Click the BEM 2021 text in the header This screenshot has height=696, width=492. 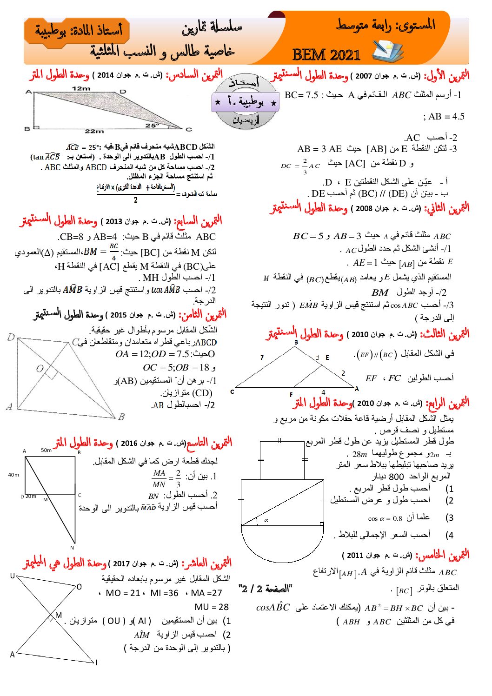point(326,55)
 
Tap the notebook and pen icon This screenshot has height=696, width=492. point(387,51)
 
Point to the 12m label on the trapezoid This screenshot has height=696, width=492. point(81,88)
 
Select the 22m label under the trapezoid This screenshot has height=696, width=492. point(94,132)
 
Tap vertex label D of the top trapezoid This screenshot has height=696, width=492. point(123,92)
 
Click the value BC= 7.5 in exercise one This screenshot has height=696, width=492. point(301,95)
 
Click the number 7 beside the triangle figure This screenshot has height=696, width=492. point(262,358)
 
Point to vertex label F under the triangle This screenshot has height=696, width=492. point(291,395)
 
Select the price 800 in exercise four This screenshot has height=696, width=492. point(396,477)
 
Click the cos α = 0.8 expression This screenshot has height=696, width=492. point(385,518)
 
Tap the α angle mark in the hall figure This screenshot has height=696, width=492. point(266,520)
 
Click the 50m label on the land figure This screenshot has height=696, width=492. point(46,450)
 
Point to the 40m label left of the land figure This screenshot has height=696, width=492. point(13,475)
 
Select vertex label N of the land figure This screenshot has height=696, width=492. point(72,548)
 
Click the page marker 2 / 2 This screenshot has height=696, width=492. point(265,589)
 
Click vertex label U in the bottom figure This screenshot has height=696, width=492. point(13,576)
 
